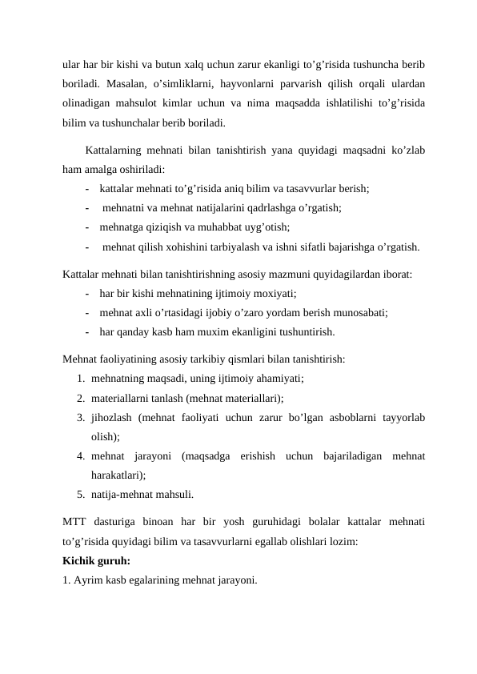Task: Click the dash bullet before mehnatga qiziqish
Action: coord(86,227)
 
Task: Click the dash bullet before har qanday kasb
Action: coord(86,331)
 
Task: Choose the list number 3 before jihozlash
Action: coord(81,417)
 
